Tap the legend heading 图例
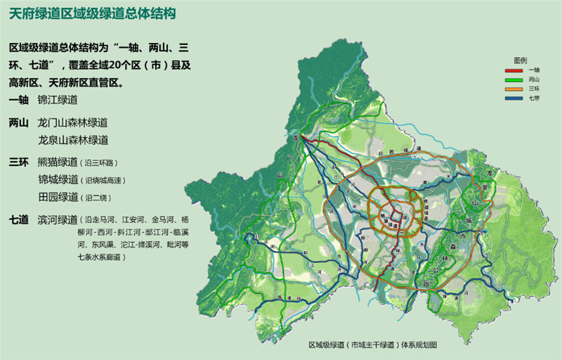pyautogui.click(x=521, y=61)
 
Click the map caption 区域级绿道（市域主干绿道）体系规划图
pyautogui.click(x=372, y=346)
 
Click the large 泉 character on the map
pyautogui.click(x=485, y=188)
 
